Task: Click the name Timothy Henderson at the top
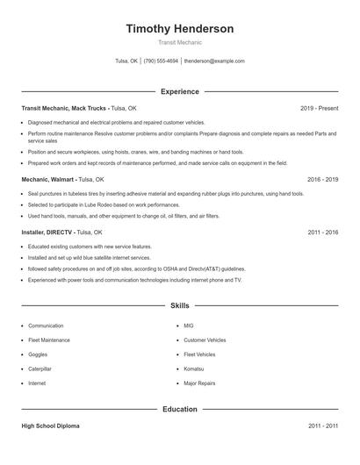(x=179, y=29)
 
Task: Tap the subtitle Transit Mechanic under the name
(x=179, y=42)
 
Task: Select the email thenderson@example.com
(x=214, y=61)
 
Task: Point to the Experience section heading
(x=179, y=91)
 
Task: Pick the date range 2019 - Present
(x=319, y=108)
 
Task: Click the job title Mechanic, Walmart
(x=48, y=178)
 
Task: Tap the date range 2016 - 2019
(x=322, y=178)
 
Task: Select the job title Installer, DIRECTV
(x=47, y=232)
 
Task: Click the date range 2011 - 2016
(x=322, y=232)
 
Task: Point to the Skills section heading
(x=179, y=306)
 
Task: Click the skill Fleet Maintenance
(x=48, y=340)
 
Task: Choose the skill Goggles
(x=39, y=354)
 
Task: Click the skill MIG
(x=188, y=325)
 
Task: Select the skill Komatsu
(x=195, y=368)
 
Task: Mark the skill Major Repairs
(x=199, y=383)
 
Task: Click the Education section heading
(x=179, y=409)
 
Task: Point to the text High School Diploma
(x=51, y=426)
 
